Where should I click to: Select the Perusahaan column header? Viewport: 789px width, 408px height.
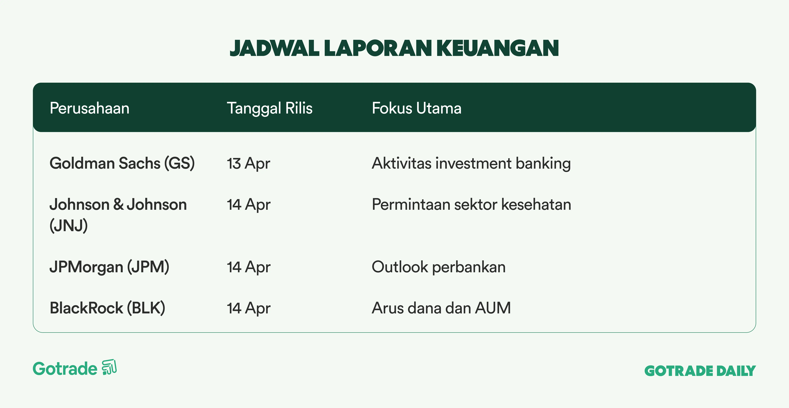click(89, 108)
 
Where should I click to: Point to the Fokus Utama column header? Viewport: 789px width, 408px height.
click(417, 108)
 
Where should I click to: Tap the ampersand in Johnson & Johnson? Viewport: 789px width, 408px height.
click(118, 204)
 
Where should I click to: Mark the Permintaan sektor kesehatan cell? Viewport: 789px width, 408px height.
click(471, 204)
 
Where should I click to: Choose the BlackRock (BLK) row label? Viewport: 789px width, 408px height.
click(108, 308)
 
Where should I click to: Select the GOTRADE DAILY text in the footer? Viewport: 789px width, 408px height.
click(700, 371)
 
